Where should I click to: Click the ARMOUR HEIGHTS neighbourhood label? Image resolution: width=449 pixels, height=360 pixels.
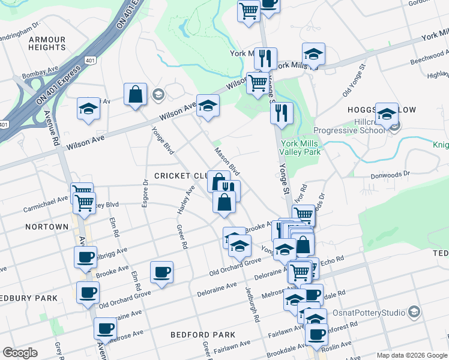pyautogui.click(x=47, y=43)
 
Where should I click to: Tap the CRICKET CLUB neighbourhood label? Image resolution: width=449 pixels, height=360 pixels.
pyautogui.click(x=181, y=176)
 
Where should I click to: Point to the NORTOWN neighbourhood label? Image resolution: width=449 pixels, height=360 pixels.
pyautogui.click(x=47, y=227)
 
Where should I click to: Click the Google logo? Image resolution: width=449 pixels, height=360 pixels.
pyautogui.click(x=20, y=353)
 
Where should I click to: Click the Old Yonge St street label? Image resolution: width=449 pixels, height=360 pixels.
pyautogui.click(x=354, y=80)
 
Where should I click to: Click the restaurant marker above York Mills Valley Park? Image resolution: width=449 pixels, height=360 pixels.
pyautogui.click(x=281, y=112)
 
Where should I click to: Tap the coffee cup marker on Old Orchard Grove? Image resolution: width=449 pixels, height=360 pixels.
pyautogui.click(x=161, y=272)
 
